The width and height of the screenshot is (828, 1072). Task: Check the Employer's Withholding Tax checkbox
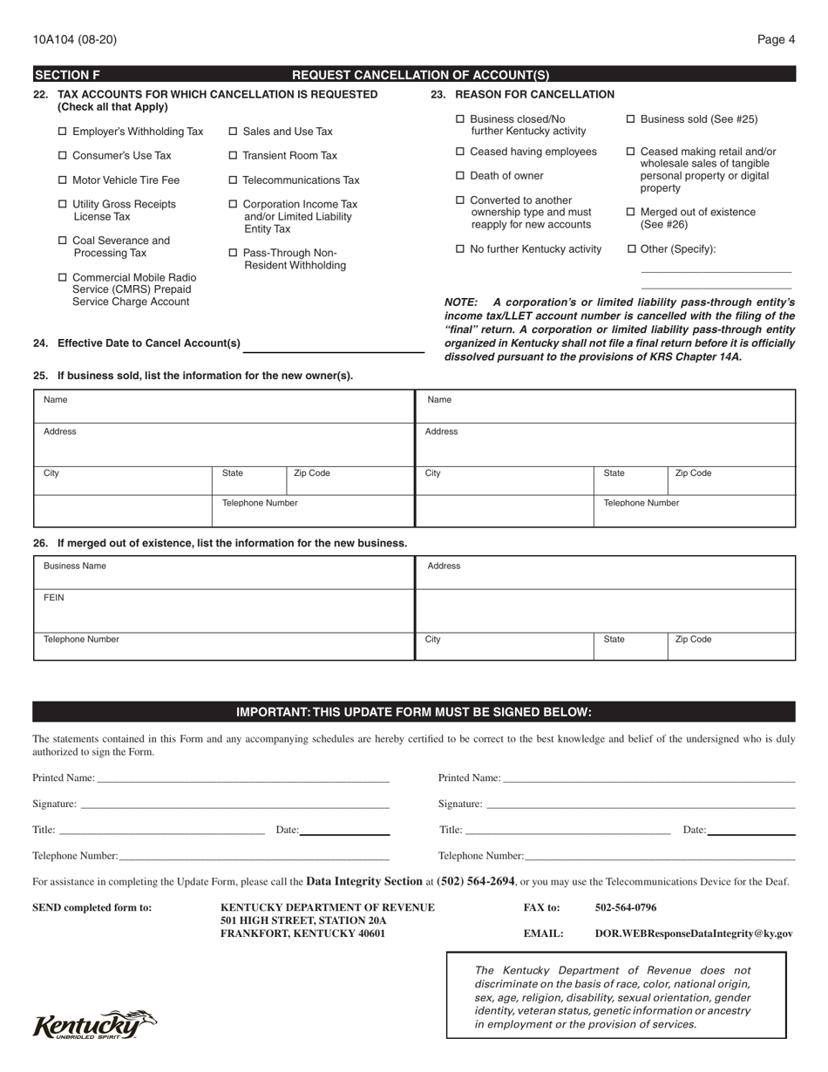[x=62, y=132]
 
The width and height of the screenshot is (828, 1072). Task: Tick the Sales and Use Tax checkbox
[x=233, y=132]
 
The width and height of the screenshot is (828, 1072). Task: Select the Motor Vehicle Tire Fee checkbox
[x=62, y=180]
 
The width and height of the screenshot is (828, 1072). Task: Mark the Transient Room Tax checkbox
[x=233, y=156]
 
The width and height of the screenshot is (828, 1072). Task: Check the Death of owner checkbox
[x=460, y=176]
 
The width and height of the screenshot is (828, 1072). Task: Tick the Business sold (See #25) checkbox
[x=632, y=119]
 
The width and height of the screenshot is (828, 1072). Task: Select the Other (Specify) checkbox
[x=632, y=249]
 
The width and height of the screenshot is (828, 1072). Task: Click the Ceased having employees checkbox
[x=460, y=152]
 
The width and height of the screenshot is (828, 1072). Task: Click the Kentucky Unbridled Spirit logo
[x=94, y=1025]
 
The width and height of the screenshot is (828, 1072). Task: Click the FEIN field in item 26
[x=223, y=610]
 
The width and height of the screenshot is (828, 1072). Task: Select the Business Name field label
[x=75, y=566]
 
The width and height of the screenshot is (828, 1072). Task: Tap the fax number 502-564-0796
[x=626, y=907]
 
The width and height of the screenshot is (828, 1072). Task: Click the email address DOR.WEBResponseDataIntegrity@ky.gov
[x=694, y=933]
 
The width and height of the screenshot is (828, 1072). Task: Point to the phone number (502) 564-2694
[x=476, y=881]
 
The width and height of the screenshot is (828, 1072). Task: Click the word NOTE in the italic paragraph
[x=461, y=302]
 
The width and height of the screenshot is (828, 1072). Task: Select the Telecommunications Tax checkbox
[x=233, y=180]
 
